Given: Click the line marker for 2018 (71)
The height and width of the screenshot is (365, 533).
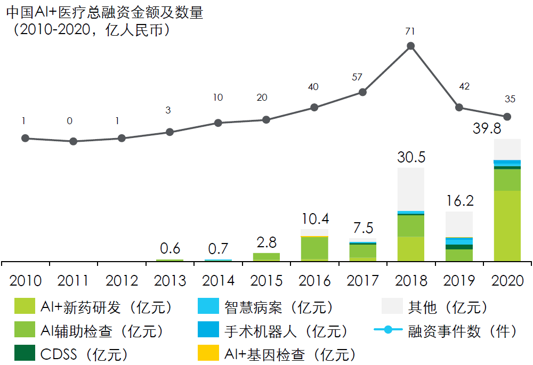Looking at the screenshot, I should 411,46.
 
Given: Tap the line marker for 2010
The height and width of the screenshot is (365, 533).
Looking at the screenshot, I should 25,138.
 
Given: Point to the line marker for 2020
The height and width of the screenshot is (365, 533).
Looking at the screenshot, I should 507,116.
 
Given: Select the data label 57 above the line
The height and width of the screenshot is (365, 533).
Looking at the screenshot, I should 357,77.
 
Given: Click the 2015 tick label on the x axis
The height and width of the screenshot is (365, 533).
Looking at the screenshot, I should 266,280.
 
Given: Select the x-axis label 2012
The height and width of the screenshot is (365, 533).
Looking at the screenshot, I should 122,280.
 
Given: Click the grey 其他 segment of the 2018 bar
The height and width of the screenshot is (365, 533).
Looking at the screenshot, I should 411,189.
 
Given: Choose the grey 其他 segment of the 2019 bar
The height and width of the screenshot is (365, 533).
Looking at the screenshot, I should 459,224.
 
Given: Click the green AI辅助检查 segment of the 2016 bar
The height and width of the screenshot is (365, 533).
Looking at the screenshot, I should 314,248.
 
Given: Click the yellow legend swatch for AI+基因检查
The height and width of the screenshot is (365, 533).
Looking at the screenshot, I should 208,353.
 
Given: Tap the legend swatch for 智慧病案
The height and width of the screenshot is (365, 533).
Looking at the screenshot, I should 208,306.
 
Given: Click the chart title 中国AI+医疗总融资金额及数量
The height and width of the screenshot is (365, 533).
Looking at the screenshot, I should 104,13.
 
